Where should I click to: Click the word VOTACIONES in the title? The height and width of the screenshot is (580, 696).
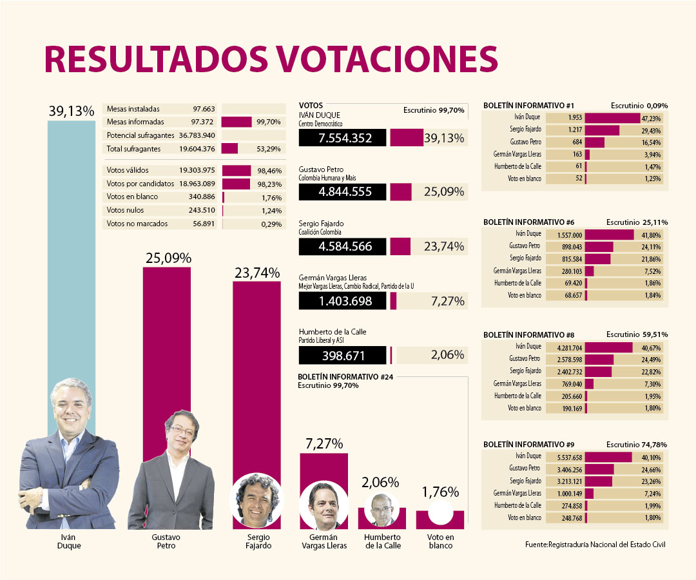click(x=387, y=59)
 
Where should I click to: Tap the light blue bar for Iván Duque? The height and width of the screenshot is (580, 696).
click(x=72, y=258)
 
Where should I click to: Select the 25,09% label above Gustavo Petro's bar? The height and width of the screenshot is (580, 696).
click(x=167, y=258)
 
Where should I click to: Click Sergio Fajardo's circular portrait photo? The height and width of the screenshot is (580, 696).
click(x=256, y=501)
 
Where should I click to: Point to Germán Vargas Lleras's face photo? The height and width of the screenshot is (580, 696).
click(x=324, y=505)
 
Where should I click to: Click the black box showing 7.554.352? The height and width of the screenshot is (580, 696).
click(x=342, y=138)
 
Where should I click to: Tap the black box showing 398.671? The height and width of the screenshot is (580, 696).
click(x=342, y=356)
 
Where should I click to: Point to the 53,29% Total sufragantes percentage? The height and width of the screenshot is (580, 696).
click(x=269, y=149)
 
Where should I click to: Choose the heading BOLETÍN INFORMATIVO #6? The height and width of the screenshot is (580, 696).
click(x=524, y=222)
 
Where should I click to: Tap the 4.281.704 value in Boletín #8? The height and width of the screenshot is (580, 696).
click(x=565, y=347)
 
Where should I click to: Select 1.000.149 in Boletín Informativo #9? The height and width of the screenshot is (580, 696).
click(x=565, y=493)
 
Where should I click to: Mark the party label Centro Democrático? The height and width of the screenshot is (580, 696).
click(x=321, y=124)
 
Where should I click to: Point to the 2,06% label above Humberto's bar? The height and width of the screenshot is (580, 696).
click(x=381, y=482)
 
